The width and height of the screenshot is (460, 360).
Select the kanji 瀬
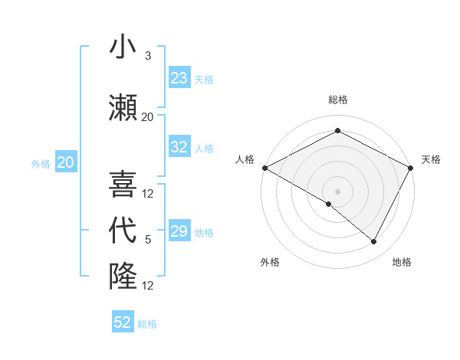123,107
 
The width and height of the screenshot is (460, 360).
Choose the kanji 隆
123,276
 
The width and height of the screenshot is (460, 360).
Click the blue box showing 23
179,78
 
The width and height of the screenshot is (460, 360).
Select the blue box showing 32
179,147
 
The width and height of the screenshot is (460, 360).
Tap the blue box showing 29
179,231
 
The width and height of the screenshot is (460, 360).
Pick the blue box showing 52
123,322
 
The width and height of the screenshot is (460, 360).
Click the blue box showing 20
66,162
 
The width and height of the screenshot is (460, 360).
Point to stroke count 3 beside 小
148,56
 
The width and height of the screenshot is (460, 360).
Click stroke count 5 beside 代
148,240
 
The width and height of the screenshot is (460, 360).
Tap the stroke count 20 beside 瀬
147,117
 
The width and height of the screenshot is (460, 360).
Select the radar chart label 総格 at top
337,100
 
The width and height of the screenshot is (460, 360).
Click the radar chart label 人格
245,159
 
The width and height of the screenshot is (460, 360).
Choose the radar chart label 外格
270,262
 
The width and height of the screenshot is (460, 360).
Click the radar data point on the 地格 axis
374,241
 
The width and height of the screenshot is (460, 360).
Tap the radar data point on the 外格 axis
329,204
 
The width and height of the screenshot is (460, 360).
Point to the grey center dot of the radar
337,191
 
